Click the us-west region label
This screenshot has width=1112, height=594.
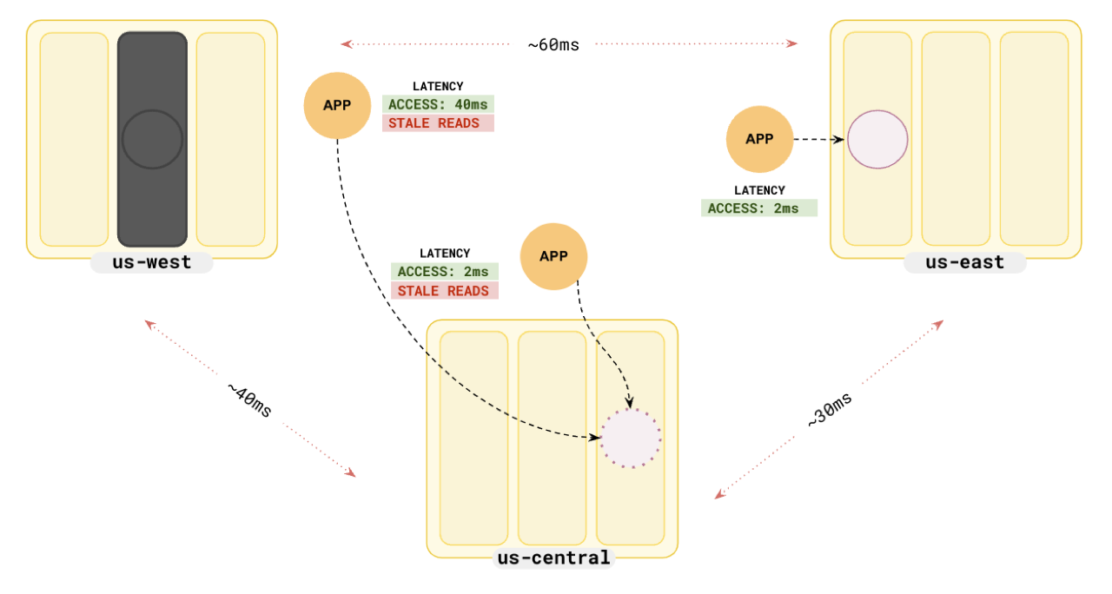coord(152,262)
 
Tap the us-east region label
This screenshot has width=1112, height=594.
coord(964,262)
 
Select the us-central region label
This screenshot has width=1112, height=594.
coord(553,558)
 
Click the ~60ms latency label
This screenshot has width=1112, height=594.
coord(553,45)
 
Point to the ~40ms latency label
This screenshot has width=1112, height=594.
coord(250,399)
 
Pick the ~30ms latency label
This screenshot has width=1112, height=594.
coord(830,410)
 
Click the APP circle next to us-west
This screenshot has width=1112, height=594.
coord(337,105)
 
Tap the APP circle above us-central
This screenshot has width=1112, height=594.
coord(553,256)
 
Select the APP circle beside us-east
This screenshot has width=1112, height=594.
coord(759,139)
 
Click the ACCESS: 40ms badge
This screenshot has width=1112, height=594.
coord(438,104)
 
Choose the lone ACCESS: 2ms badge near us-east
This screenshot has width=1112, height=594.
coord(758,208)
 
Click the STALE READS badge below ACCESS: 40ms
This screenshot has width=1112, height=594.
coord(438,123)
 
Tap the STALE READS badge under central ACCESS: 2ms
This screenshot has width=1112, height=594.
coord(444,291)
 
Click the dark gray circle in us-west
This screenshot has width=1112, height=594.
coord(152,139)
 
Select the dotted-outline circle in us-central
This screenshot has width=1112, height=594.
coord(631,438)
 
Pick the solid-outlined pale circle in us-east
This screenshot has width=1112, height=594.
coord(877,139)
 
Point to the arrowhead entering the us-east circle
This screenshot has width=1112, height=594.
coord(841,139)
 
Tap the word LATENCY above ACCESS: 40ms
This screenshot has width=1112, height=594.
coord(438,86)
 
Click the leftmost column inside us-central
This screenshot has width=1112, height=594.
coord(473,438)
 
